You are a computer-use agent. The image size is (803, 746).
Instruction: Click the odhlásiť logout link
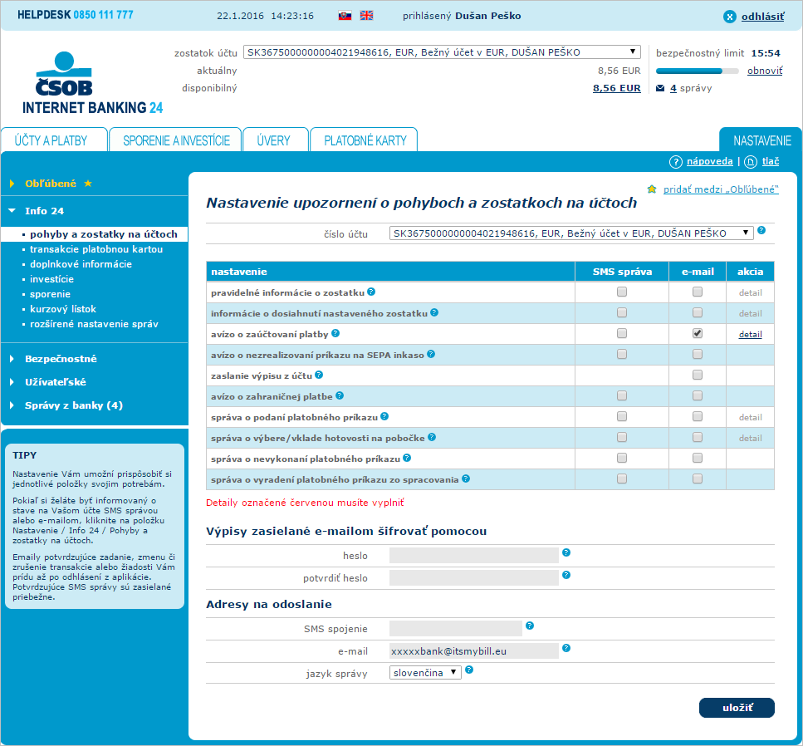click(x=761, y=16)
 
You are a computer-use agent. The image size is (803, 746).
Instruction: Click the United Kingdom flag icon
click(x=366, y=16)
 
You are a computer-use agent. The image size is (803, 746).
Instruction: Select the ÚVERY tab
click(x=273, y=140)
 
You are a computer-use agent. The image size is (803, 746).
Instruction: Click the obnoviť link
click(x=764, y=71)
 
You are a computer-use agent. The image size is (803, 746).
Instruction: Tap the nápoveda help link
click(x=709, y=161)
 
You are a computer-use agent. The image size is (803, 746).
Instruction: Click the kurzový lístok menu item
click(x=63, y=309)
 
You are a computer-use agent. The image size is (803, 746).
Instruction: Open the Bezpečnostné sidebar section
click(x=61, y=359)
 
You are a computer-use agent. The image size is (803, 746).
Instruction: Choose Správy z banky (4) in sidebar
click(x=73, y=405)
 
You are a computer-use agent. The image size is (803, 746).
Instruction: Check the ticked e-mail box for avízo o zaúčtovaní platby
click(x=698, y=333)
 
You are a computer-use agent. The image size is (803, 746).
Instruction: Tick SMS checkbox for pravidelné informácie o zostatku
click(x=622, y=292)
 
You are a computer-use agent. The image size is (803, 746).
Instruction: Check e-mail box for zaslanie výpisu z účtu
click(x=698, y=375)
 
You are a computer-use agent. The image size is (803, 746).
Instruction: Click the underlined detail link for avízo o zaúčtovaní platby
click(x=750, y=334)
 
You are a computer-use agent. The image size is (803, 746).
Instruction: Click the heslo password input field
click(x=473, y=555)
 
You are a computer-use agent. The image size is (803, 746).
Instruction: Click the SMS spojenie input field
click(x=455, y=629)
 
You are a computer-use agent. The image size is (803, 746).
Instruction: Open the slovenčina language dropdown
click(x=425, y=673)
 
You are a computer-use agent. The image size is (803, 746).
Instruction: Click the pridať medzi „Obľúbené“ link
click(x=719, y=189)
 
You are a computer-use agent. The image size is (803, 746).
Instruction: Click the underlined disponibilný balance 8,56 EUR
click(x=616, y=88)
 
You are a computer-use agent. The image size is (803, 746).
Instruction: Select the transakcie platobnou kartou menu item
click(x=96, y=249)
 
